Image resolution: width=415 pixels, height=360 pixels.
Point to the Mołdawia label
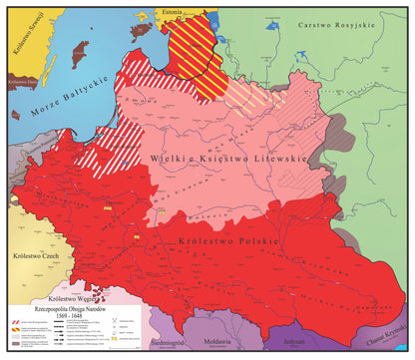[219, 341]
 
